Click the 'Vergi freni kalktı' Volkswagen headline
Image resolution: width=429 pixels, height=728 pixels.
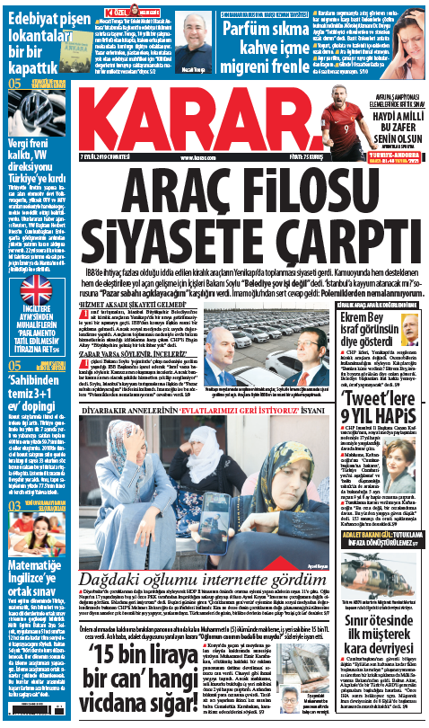34,166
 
